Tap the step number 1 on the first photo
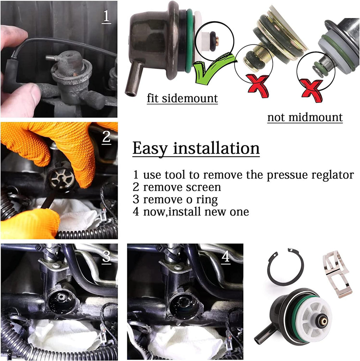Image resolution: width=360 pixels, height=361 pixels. point(106,16)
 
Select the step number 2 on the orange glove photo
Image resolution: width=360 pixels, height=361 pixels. point(106,137)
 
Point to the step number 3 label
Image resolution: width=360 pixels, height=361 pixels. point(106,256)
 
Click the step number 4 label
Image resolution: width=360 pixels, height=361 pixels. point(226,256)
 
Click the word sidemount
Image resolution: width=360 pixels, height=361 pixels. point(190,98)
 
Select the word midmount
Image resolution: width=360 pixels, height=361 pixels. point(316,117)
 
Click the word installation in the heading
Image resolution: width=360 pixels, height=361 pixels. point(216,148)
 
